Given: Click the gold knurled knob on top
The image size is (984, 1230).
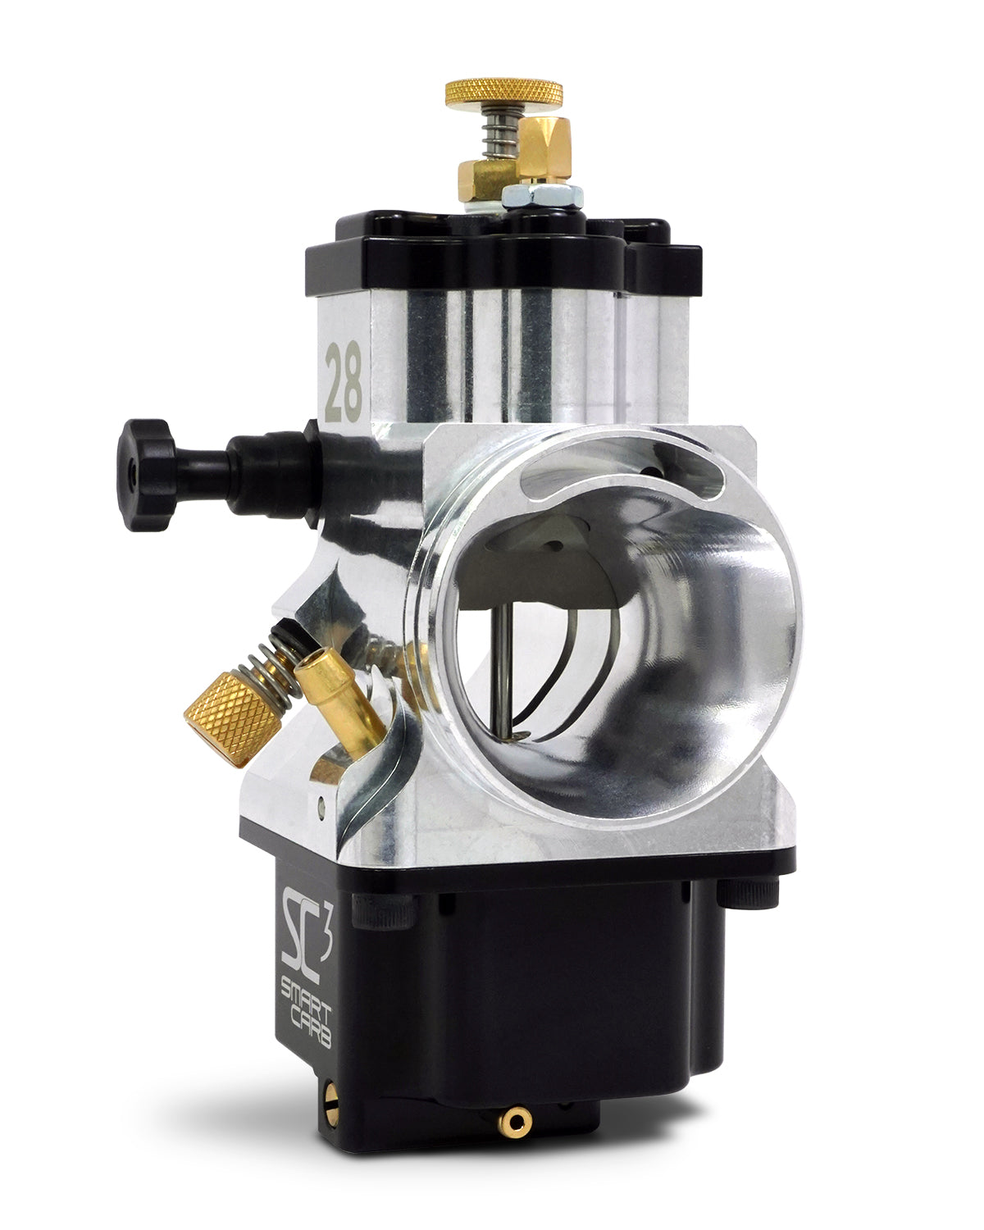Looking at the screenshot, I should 503,92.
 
